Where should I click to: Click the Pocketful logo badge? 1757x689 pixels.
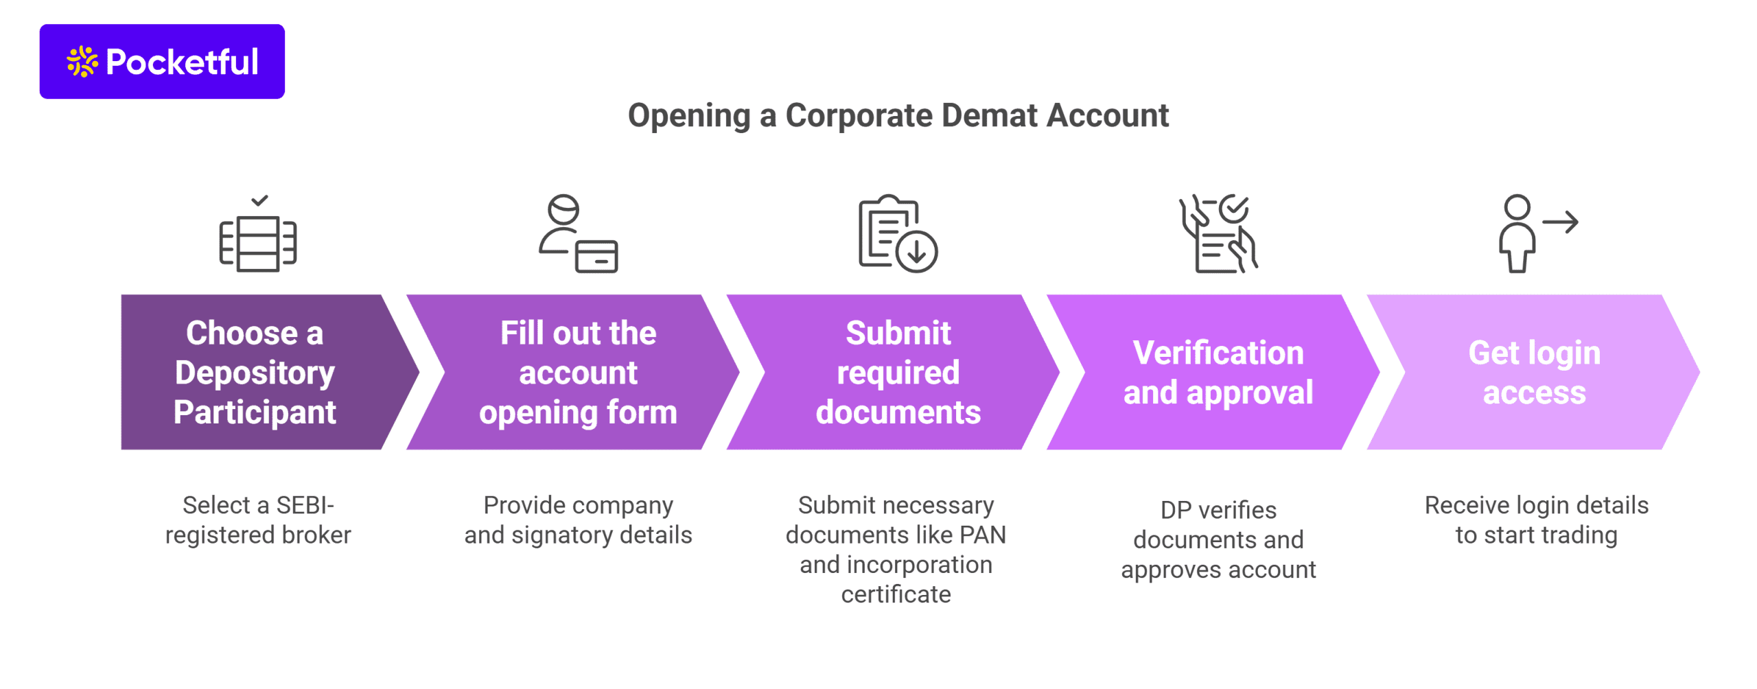[162, 62]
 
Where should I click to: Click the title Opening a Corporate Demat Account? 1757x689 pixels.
[898, 115]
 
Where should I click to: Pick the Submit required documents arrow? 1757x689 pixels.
[898, 373]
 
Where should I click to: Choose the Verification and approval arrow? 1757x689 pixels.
[1218, 373]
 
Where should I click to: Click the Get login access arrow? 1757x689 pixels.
[1534, 373]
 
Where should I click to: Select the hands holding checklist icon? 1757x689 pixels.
[1218, 234]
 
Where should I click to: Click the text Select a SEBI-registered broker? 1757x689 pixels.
[258, 520]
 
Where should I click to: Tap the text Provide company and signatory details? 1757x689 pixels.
[578, 520]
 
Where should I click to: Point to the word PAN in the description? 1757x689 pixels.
[983, 535]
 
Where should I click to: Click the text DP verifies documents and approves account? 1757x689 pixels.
[1218, 540]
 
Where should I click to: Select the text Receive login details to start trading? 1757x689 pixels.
[1536, 520]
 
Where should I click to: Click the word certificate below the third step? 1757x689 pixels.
[896, 595]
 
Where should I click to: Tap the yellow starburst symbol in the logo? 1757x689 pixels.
[82, 62]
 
